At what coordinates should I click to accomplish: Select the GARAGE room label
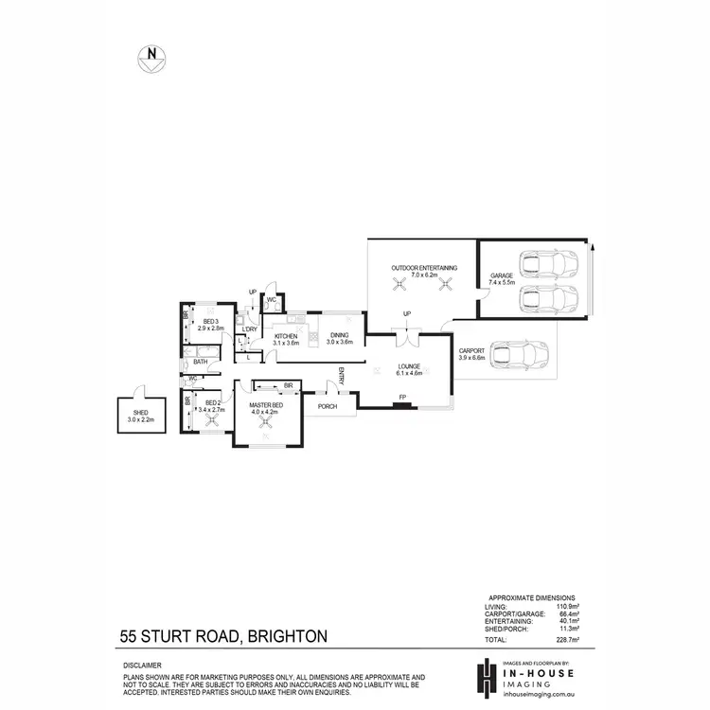click(501, 277)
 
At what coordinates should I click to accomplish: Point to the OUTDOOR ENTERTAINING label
click(424, 269)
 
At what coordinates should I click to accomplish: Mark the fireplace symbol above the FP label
click(403, 405)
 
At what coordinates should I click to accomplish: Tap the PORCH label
click(328, 406)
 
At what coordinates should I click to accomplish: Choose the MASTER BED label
click(267, 408)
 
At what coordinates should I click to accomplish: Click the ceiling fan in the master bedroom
click(269, 427)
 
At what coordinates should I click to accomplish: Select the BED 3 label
click(210, 323)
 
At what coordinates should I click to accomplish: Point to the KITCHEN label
click(286, 337)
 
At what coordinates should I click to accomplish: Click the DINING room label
click(339, 337)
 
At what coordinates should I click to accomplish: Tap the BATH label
click(201, 362)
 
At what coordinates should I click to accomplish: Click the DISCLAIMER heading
click(142, 666)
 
